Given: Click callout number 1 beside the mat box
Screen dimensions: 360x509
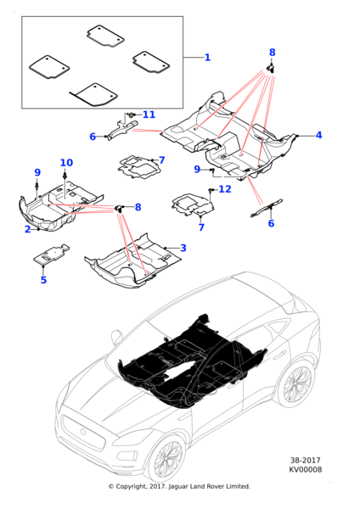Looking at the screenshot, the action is tap(207, 58).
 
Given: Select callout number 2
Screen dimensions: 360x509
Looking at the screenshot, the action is tap(28, 229).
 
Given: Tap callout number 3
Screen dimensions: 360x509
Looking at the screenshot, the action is tap(183, 248).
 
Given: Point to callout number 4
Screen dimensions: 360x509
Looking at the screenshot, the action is tap(318, 135).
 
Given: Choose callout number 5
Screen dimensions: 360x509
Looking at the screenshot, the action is tap(43, 280).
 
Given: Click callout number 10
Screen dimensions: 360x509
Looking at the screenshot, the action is tap(66, 163).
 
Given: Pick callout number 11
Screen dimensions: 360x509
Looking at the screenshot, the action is tap(149, 115).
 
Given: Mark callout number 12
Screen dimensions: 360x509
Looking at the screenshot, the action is tap(225, 189).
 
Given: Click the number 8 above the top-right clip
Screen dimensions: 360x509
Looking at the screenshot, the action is tap(273, 53).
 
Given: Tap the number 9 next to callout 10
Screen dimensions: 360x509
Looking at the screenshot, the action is tap(37, 172).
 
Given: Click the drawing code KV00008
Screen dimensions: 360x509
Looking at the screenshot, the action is tap(306, 469).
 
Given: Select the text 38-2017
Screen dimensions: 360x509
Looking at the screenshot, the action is tap(305, 461).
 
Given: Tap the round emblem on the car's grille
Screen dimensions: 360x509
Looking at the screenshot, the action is tap(83, 432).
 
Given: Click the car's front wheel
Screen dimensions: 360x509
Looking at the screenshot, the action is tap(166, 459).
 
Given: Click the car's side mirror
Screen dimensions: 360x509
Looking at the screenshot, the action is tap(116, 336).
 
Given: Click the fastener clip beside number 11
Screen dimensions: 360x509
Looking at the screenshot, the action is tap(131, 115).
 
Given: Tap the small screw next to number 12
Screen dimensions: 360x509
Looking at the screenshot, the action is tap(211, 189).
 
